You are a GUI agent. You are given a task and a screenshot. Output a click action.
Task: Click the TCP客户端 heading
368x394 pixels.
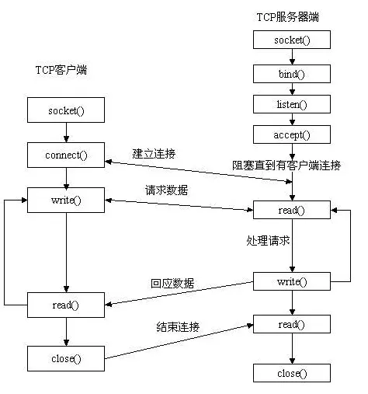(x=61, y=70)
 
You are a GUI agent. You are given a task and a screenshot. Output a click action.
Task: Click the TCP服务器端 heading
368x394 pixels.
(x=286, y=16)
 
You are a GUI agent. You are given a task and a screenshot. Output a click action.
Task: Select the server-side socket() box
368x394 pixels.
(x=292, y=40)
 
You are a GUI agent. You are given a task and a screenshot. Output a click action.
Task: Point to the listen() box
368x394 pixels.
(x=292, y=103)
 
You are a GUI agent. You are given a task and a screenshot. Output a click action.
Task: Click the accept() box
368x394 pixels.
(x=292, y=134)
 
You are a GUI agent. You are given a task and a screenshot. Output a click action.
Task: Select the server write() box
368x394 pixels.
(x=292, y=281)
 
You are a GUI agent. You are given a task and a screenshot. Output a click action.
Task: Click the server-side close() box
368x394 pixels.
(x=292, y=374)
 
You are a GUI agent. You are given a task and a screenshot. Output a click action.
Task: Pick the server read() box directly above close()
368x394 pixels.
(x=292, y=324)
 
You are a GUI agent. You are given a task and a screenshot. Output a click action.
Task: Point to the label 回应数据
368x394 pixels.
(x=172, y=283)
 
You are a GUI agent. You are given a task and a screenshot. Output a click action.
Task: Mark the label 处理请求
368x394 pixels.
(x=263, y=241)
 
